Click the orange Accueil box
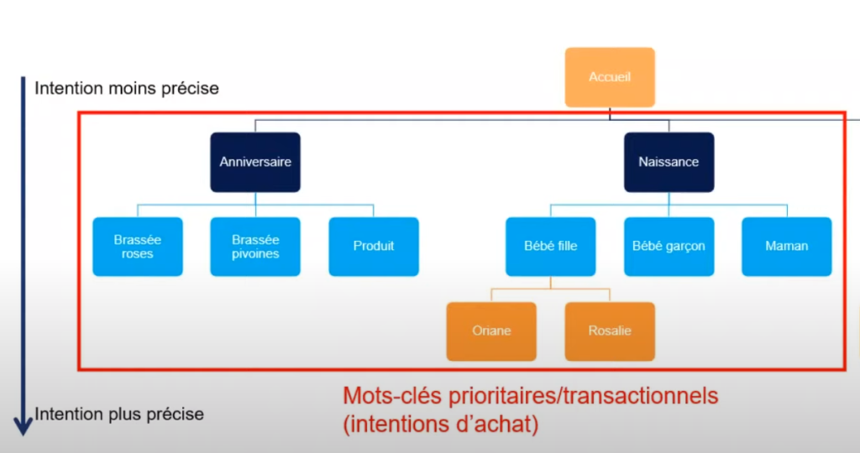pos(609,77)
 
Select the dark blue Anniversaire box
pos(255,162)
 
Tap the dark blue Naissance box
pos(669,162)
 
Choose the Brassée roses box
pos(138,247)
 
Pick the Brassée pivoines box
pos(255,247)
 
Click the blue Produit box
pos(374,247)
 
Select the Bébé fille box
pos(551,247)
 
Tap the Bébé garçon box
pos(669,247)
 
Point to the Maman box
pos(787,247)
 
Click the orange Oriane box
pos(491,331)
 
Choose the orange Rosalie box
pos(610,331)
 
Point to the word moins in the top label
pos(133,88)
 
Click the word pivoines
pos(255,254)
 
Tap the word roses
pos(138,254)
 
